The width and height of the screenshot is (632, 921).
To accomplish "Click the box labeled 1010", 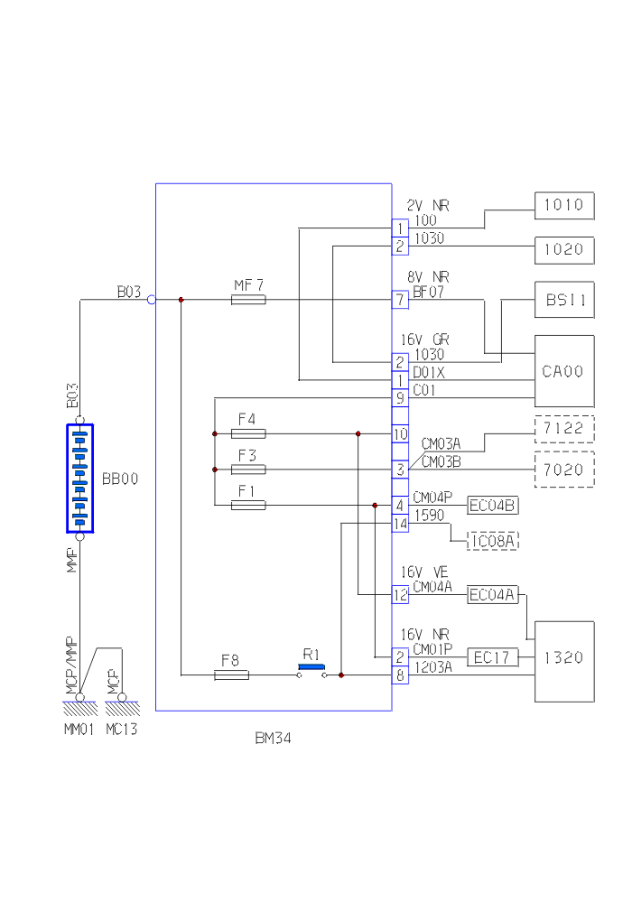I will coord(565,206).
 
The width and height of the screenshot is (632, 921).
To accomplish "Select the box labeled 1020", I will coord(565,249).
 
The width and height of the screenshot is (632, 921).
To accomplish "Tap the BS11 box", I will coord(565,300).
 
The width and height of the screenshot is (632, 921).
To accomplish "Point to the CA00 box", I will coord(565,371).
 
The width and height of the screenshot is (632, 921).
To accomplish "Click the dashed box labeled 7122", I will coord(565,429).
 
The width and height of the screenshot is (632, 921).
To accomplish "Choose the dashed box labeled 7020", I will coord(565,470).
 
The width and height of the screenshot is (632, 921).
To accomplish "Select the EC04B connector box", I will coord(493,505).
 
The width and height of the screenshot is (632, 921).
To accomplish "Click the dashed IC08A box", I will coord(493,541).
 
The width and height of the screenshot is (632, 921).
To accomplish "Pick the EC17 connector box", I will coord(493,657).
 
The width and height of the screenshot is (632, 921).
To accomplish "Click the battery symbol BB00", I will coord(79,479).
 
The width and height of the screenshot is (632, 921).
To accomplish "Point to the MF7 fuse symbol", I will coord(248,300).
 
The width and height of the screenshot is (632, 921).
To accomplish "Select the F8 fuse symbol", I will coord(231,674).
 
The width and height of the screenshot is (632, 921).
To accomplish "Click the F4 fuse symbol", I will coord(248,433).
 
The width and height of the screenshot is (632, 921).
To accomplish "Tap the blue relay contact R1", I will coord(311,668).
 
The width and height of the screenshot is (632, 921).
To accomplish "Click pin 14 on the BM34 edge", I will coord(400,524).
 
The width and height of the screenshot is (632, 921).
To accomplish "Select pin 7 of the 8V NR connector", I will coord(400,300).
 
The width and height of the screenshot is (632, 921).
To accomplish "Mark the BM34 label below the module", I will coord(274,739).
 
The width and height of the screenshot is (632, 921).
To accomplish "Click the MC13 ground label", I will coord(122,729).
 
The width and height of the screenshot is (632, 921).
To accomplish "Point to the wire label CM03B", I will coord(441,461).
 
